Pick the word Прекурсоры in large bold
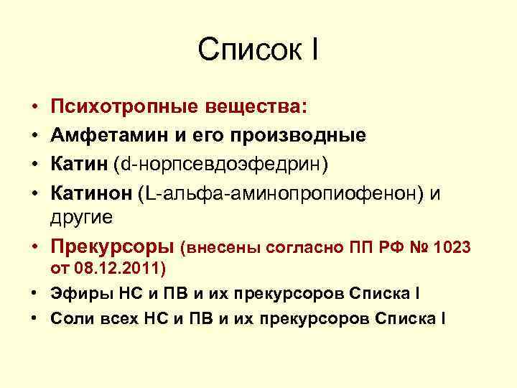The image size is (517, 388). [113, 247]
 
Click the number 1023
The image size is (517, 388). [453, 248]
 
